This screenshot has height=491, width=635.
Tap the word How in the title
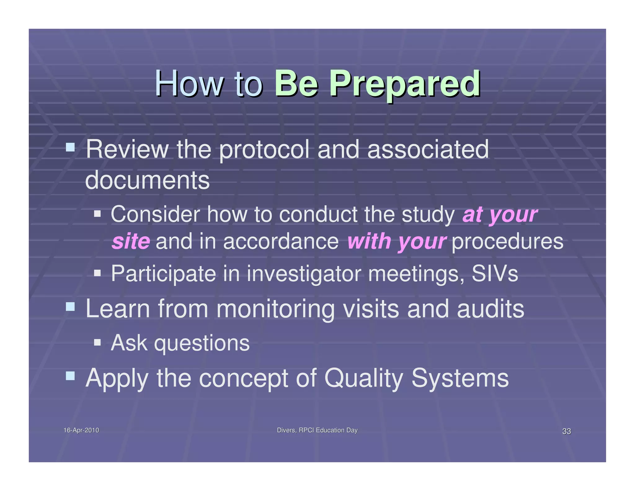[x=189, y=84]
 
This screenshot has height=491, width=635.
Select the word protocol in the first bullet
[x=264, y=150]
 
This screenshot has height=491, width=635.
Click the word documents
[x=147, y=180]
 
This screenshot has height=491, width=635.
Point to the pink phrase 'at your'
[x=500, y=214]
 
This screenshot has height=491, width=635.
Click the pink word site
[x=131, y=241]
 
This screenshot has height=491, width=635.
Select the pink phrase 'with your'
[x=396, y=241]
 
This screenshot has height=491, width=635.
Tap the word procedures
[x=507, y=241]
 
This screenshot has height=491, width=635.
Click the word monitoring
[x=275, y=309]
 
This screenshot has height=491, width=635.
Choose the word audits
[x=491, y=309]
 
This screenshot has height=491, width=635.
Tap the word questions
[x=202, y=343]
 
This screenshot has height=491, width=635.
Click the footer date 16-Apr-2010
[x=81, y=430]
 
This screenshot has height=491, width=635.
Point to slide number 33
[x=566, y=431]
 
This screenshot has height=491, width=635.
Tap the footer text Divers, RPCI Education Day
[x=317, y=430]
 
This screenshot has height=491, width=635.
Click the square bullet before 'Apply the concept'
[x=70, y=376]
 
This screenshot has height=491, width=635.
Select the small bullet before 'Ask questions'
[x=97, y=342]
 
